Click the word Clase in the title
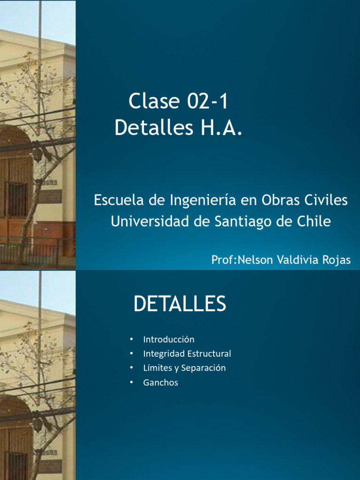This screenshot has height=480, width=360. click(154, 101)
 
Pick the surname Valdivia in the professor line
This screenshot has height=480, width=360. click(294, 260)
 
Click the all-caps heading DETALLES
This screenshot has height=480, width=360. click(180, 304)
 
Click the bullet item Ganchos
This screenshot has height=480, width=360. click(161, 382)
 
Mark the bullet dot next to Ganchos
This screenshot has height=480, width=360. click(132, 382)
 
